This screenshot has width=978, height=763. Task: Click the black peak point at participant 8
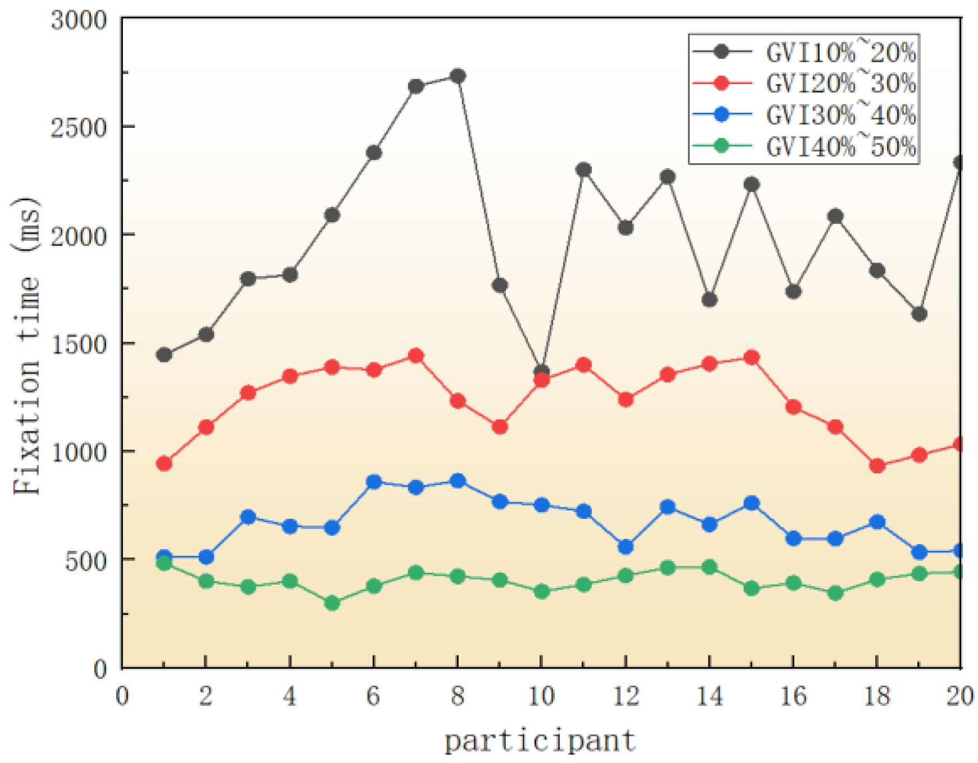point(458,76)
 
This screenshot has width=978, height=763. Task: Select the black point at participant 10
point(542,371)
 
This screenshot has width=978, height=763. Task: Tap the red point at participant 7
point(416,356)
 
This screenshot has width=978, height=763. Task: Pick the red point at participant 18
point(877,466)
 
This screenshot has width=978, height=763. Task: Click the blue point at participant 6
point(374,482)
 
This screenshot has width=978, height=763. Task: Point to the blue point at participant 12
point(625,546)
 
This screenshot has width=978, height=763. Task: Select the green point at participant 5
point(332,603)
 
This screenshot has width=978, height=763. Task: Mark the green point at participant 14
point(710,567)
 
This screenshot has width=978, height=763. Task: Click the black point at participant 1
point(164,355)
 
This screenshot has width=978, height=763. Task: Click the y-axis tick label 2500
point(78,128)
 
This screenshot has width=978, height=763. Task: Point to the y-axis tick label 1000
point(78,452)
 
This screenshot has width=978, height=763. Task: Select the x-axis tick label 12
point(625,696)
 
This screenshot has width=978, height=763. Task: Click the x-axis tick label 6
point(374,696)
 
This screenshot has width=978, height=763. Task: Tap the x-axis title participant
point(540,741)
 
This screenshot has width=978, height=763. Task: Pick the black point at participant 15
point(752,184)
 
